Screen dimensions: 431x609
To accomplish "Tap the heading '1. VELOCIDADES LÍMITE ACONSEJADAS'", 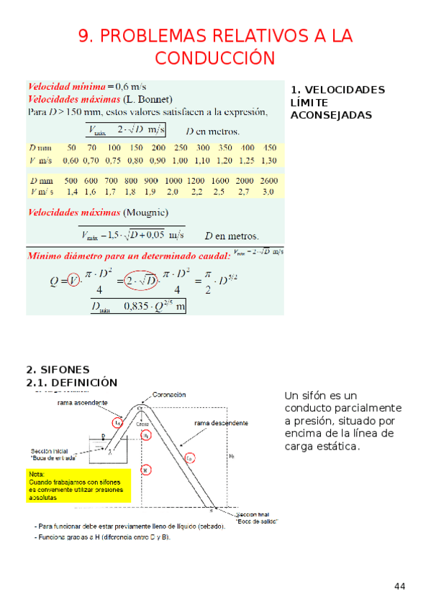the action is (x=337, y=102).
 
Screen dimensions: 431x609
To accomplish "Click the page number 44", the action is (x=400, y=587).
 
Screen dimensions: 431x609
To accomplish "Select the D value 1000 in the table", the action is (x=173, y=180).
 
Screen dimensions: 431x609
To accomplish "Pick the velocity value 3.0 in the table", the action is (x=268, y=192).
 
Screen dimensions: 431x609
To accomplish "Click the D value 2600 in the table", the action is (x=268, y=180).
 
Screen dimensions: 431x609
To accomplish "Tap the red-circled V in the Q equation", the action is (x=73, y=281).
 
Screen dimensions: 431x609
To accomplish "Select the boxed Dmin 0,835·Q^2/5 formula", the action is (x=138, y=307).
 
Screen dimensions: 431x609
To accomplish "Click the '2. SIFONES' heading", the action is (x=58, y=369).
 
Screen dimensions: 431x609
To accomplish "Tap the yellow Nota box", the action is (x=78, y=485).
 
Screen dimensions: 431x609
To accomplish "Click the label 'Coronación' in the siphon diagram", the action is (x=168, y=394).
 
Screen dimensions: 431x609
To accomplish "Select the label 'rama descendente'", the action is (x=221, y=424).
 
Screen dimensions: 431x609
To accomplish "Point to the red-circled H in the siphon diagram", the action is (x=145, y=470).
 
